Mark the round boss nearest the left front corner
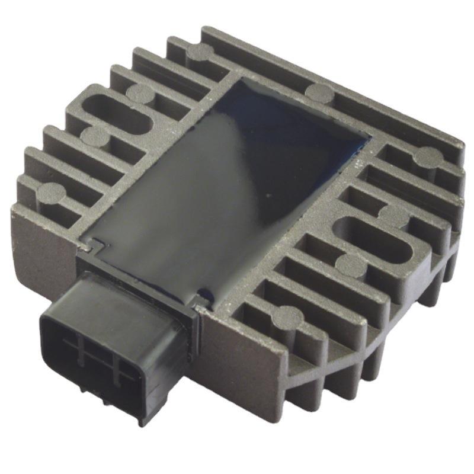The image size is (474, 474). click(x=53, y=192)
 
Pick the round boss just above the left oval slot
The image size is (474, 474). click(x=140, y=92)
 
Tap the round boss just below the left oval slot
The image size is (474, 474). click(x=95, y=136)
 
